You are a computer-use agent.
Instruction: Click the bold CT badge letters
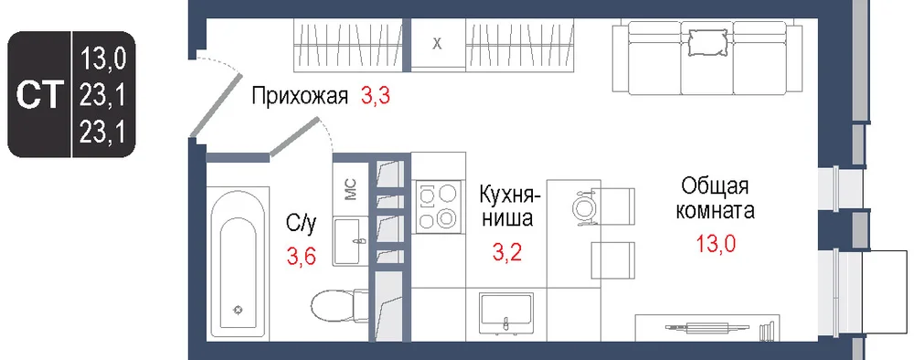tap(39, 96)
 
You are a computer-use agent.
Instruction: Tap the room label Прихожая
tap(300, 96)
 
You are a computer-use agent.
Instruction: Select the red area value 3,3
tap(375, 96)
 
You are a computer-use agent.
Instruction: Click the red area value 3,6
tap(301, 255)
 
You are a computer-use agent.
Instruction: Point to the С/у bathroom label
tap(301, 224)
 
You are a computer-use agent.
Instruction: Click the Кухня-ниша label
tap(506, 206)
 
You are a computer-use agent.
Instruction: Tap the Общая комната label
tap(715, 198)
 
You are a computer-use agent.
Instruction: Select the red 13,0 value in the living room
tap(716, 243)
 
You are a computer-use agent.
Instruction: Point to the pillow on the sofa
tap(707, 41)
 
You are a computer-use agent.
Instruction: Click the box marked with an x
tap(437, 44)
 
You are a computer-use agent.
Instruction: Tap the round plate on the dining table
tap(583, 206)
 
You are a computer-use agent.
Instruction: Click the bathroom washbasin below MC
tap(350, 241)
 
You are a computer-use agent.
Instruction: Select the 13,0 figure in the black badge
tap(103, 58)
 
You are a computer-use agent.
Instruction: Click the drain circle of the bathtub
tap(238, 310)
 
